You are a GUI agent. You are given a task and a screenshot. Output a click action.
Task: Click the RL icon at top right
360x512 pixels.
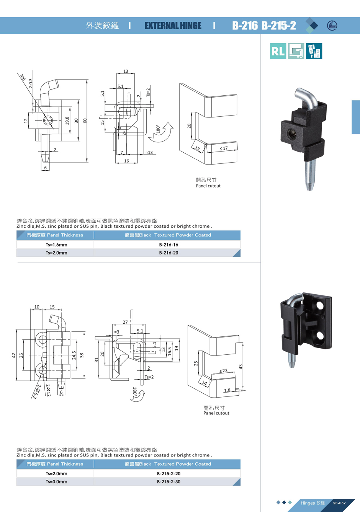tap(278, 51)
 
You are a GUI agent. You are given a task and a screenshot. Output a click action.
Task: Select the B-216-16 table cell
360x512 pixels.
tap(169, 245)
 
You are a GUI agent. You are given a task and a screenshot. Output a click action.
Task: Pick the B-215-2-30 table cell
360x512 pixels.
tap(169, 482)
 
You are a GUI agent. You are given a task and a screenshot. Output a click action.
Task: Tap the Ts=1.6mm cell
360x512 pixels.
tap(56, 245)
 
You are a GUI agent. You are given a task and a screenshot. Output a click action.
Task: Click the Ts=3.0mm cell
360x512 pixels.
tap(56, 482)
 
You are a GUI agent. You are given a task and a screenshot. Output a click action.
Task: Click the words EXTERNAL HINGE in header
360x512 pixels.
tap(173, 26)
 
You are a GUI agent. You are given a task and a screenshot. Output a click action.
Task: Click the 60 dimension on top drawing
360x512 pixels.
tap(85, 121)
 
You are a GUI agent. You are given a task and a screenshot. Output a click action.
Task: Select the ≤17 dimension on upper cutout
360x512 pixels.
tap(224, 148)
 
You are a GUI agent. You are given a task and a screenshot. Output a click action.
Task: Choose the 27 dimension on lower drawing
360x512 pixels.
tap(125, 322)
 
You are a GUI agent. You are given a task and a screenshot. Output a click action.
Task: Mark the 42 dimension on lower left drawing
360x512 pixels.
tap(14, 355)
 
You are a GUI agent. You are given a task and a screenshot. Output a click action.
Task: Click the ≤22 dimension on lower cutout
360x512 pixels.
tap(223, 370)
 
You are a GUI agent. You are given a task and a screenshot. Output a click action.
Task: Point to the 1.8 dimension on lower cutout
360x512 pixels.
tap(227, 390)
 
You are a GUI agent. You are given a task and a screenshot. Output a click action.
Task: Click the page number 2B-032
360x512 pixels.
tap(339, 503)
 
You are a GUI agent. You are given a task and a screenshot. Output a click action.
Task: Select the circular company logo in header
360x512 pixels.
tap(332, 26)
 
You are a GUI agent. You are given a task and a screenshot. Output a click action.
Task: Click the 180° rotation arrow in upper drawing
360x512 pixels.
tap(164, 132)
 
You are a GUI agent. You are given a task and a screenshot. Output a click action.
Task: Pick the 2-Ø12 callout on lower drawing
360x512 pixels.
tap(48, 390)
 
